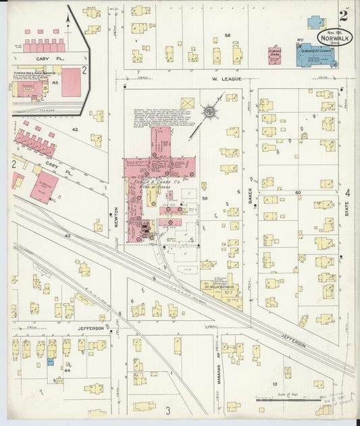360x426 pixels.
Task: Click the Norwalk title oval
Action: (x=335, y=39)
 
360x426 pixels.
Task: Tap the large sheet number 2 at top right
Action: (x=344, y=15)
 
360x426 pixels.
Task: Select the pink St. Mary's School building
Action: (x=275, y=55)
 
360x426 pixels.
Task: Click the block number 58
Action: (x=228, y=35)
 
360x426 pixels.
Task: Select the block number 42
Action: (x=76, y=128)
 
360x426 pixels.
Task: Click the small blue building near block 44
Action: (x=50, y=363)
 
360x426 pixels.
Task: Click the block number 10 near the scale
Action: (x=274, y=383)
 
